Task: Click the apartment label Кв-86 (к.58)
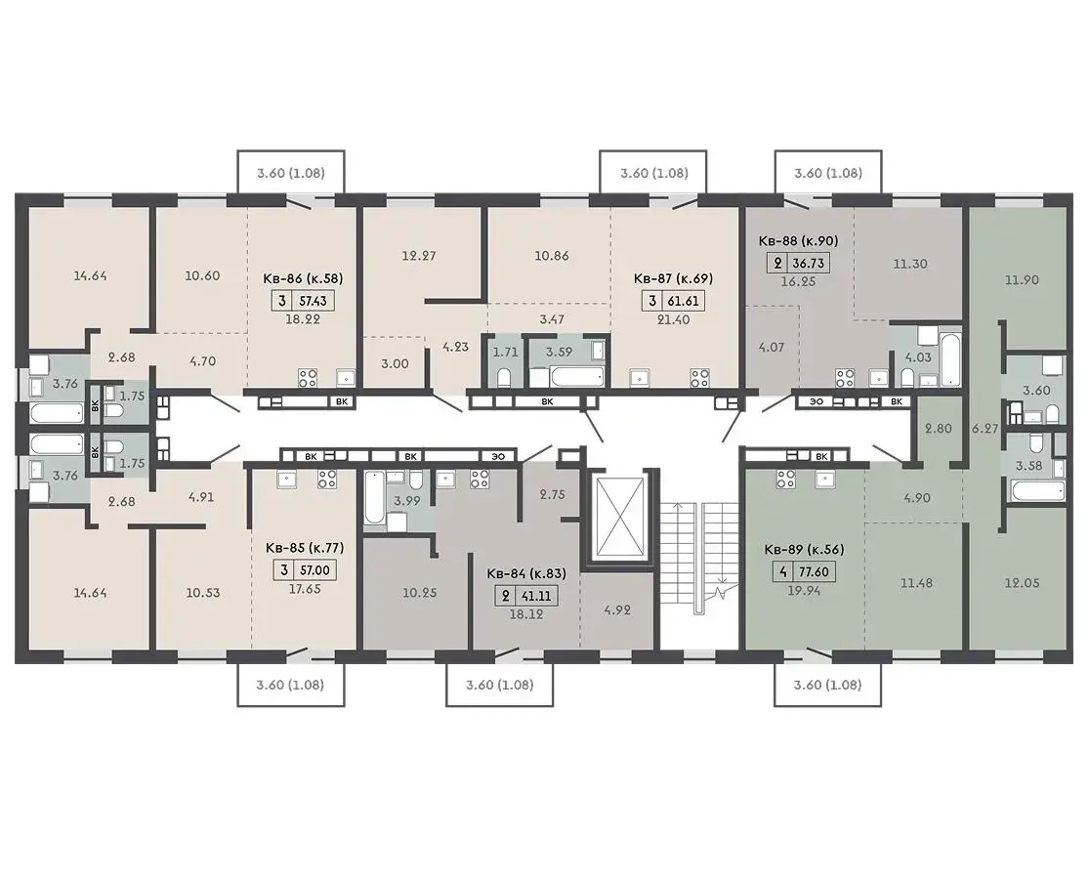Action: (303, 279)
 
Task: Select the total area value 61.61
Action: (682, 302)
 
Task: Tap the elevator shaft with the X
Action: (616, 518)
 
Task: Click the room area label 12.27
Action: (419, 256)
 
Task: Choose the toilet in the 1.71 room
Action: (506, 377)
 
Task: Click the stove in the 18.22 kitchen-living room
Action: (308, 378)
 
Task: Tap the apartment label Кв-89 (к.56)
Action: (804, 549)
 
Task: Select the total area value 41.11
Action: (536, 596)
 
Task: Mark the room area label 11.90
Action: (1022, 279)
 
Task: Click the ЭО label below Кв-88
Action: (817, 401)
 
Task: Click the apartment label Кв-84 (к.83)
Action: (526, 573)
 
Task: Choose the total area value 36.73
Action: (809, 264)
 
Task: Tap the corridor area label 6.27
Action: (984, 429)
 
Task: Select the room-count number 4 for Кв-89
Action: (782, 572)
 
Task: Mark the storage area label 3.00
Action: (396, 363)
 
